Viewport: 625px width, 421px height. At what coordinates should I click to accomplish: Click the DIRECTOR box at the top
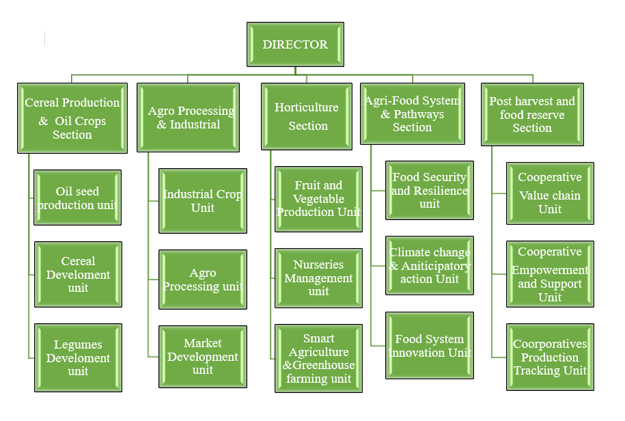click(x=295, y=44)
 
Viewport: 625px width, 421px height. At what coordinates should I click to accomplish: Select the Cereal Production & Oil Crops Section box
click(x=72, y=118)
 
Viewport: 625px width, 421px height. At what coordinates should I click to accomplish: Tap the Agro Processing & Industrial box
click(x=188, y=118)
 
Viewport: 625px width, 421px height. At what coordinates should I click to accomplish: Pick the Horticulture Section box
click(x=307, y=116)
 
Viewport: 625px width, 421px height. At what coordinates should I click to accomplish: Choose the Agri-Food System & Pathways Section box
click(x=413, y=114)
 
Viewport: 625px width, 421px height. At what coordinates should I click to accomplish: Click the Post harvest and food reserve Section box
click(x=532, y=114)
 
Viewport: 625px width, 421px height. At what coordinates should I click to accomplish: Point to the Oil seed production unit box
click(x=78, y=198)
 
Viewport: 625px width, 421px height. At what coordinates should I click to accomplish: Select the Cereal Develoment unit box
click(x=78, y=274)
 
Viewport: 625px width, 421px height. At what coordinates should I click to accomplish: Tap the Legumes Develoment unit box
click(x=78, y=357)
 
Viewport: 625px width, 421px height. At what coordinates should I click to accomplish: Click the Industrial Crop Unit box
click(x=203, y=201)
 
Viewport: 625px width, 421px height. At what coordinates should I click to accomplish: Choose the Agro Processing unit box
click(x=203, y=280)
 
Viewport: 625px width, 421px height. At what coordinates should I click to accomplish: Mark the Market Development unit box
click(x=203, y=356)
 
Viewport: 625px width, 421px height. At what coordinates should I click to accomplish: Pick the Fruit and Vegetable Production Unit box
click(x=318, y=198)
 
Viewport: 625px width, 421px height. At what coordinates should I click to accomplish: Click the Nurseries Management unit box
click(x=318, y=277)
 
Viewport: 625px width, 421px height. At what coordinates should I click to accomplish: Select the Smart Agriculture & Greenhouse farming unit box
click(x=318, y=358)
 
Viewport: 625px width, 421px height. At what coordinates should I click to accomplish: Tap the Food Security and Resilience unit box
click(x=430, y=190)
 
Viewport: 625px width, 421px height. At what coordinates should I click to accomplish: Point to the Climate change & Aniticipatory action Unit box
click(x=430, y=265)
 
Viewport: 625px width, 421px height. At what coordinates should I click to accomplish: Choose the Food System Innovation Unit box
click(x=430, y=345)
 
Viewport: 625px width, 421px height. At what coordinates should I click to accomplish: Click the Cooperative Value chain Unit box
click(x=550, y=193)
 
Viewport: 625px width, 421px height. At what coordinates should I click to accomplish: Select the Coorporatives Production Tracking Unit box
click(x=550, y=357)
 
